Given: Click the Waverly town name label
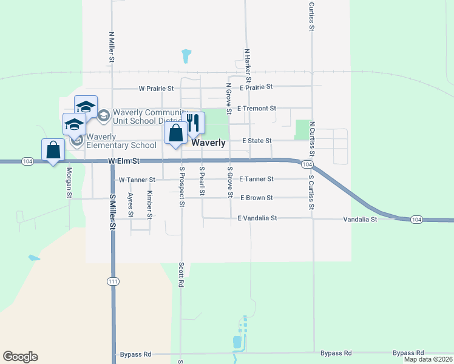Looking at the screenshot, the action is [209, 143].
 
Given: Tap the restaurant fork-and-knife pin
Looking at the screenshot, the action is [193, 124].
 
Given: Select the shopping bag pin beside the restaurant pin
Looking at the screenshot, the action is [176, 134].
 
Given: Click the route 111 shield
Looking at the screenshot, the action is [113, 281].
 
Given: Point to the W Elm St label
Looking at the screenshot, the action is [124, 161].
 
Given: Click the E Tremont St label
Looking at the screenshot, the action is [257, 109].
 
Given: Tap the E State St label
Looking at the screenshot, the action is [257, 141].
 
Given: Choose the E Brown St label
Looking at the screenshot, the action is [256, 198].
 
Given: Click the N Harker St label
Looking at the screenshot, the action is [248, 65].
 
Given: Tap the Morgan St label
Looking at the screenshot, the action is [69, 183].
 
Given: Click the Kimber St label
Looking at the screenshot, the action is [150, 205].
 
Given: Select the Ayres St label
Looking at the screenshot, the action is [130, 206].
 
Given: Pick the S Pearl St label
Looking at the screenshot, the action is [202, 181].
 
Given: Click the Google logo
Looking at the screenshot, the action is [20, 357].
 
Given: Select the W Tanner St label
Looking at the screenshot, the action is [137, 180].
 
